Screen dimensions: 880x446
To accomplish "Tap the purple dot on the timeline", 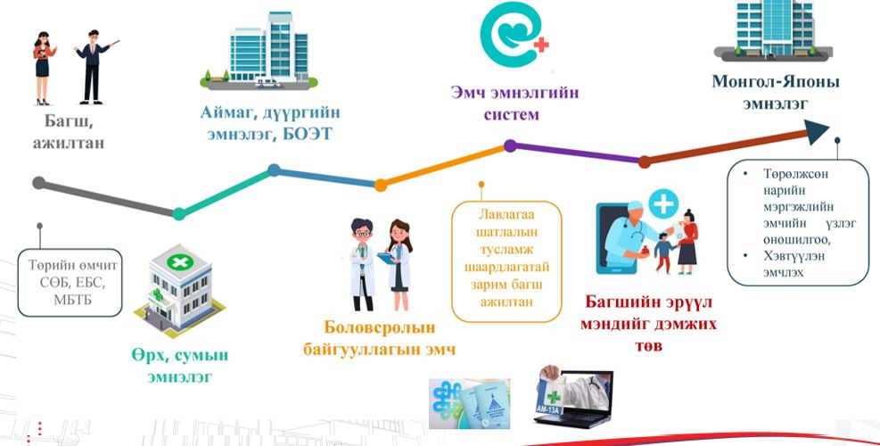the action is pos(510,146).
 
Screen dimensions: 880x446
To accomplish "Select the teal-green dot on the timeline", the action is pos(179,214).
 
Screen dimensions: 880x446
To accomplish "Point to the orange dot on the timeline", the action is pos(381,185).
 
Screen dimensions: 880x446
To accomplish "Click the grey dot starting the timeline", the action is pos(38,183).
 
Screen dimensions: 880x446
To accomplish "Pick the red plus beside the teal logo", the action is pos(541,45).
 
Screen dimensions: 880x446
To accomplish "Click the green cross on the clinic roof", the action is pos(179,261).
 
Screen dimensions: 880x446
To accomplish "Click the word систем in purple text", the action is pos(511,114).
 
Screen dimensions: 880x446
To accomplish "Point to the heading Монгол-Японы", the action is pos(776,82).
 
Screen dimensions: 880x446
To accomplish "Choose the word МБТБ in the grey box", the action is pos(72,300).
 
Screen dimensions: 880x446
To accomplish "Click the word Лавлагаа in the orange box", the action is pos(506,215).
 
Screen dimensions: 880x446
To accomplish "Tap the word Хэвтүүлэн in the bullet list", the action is pos(793,256).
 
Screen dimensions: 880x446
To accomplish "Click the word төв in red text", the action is pos(649,345).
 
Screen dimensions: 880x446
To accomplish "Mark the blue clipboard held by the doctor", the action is pos(387,258).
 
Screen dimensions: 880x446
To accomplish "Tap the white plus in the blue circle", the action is pos(664,204).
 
